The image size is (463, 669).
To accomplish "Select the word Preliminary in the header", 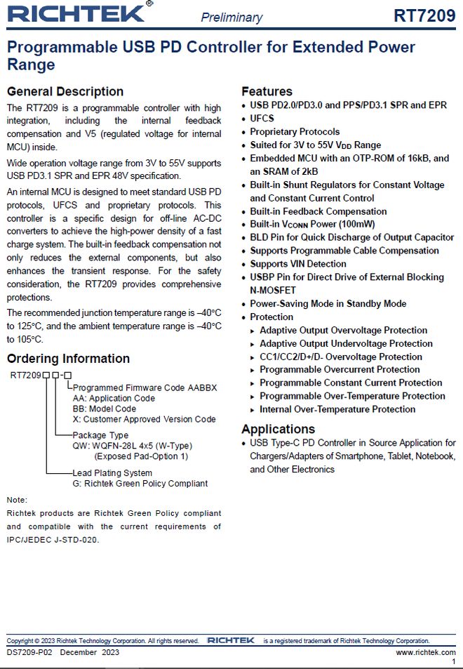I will coord(231,17).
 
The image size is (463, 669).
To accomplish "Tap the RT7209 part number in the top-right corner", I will coord(424,15).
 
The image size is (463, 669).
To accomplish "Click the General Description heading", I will coord(65,91).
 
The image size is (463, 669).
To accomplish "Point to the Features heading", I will coord(267,91).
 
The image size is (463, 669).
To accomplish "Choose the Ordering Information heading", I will coord(68,359).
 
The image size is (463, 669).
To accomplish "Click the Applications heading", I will coord(279,429).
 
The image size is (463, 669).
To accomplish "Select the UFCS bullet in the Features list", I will coord(262,119).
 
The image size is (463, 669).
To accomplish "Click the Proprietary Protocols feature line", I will coord(295,132).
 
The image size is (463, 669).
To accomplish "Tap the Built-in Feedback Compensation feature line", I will coord(318,211).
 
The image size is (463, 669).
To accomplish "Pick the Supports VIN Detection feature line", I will coord(298,264).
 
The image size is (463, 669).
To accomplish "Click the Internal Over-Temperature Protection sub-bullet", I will coord(337,409).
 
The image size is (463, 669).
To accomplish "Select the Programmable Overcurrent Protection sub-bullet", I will coord(340,370).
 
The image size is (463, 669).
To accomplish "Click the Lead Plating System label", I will coord(112,472).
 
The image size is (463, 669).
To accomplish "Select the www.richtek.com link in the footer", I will coord(425,652).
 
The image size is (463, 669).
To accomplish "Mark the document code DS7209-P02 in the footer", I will coord(28,652).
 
